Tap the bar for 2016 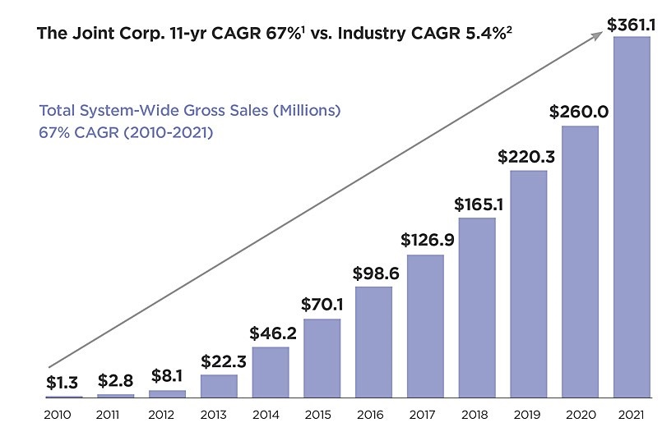(373, 342)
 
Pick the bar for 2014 (271, 372)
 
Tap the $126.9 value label (425, 241)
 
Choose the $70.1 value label (322, 305)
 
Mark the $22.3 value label (219, 361)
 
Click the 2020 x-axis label (579, 414)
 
